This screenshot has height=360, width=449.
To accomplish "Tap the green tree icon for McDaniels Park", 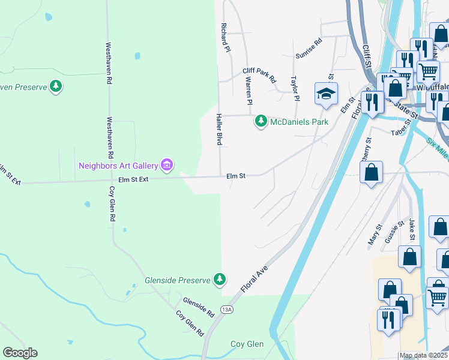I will click(261, 121).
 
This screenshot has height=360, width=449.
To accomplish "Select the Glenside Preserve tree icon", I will click(220, 279).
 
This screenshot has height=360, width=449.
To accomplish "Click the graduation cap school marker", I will click(326, 94).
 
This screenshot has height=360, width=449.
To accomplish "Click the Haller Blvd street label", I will click(219, 130).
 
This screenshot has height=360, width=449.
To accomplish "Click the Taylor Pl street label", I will click(295, 89).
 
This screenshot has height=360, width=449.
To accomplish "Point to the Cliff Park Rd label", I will click(259, 74).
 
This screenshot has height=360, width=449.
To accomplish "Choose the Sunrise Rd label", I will click(309, 49).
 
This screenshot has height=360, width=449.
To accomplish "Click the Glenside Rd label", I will click(199, 307).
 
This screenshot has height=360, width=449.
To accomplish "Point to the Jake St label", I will click(412, 229).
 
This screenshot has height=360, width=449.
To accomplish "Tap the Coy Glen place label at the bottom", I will click(247, 344).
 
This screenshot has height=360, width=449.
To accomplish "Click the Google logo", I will click(20, 353).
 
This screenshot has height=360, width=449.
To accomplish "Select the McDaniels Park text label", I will click(299, 122).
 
